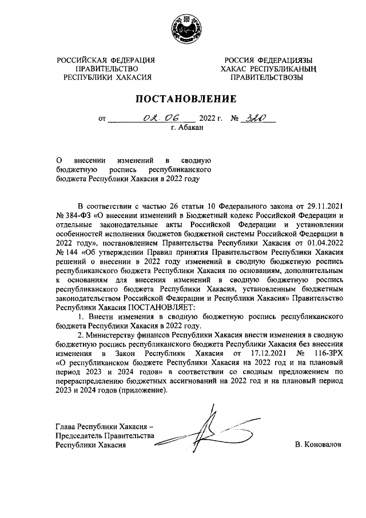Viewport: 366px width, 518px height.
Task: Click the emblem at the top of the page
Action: [x=183, y=29]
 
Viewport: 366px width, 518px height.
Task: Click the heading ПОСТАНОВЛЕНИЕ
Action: [x=182, y=98]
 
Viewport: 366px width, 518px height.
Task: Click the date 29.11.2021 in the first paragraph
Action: [x=323, y=205]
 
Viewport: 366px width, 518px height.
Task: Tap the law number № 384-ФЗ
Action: [x=73, y=215]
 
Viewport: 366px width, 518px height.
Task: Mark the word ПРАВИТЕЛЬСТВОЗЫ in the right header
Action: [x=268, y=78]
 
